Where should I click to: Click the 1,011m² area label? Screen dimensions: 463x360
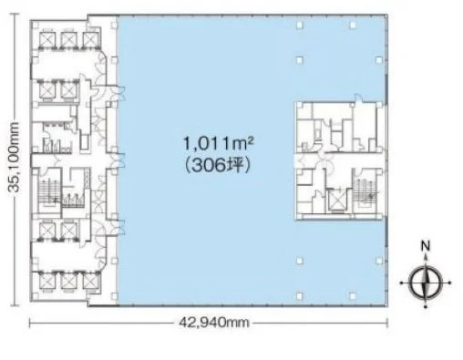click(218, 144)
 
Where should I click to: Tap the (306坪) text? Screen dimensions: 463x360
click(218, 166)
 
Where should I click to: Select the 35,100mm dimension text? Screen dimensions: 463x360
click(14, 157)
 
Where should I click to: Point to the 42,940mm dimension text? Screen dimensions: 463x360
click(213, 323)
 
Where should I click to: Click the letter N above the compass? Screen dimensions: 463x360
click(426, 245)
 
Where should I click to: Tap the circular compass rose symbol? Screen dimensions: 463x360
click(426, 283)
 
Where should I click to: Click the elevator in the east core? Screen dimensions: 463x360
click(335, 201)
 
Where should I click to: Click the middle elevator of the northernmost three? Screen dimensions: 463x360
click(69, 40)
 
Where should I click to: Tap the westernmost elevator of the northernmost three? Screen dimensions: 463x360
click(47, 40)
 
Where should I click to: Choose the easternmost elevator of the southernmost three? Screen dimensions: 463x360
click(91, 281)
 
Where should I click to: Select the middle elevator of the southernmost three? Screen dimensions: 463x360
click(69, 281)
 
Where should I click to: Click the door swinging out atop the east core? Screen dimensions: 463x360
click(358, 99)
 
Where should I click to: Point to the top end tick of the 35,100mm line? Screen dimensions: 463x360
click(14, 14)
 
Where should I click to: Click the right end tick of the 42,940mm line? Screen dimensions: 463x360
click(387, 323)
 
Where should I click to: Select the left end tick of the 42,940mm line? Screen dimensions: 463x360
click(30, 323)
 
